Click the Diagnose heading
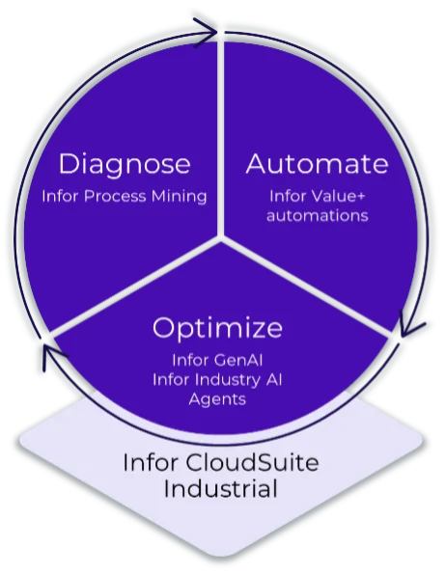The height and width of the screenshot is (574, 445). (124, 164)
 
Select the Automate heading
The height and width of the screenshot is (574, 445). (318, 164)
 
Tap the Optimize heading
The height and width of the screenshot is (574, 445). (217, 328)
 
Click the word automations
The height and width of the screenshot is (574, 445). (318, 216)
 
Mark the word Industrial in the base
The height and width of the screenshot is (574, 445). (220, 489)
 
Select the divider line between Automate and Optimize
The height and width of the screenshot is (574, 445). (309, 286)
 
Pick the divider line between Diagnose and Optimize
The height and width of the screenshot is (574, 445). (135, 286)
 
